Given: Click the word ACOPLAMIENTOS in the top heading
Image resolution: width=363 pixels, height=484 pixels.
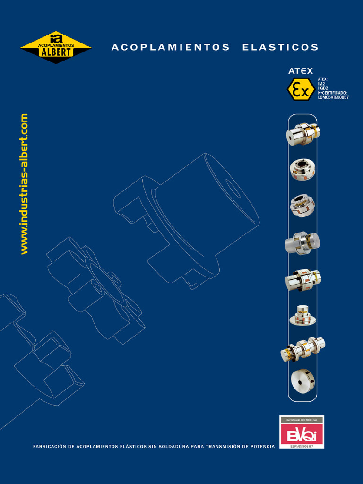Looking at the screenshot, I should [171, 47].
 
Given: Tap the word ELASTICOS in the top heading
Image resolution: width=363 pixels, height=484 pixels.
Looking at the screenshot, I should [280, 47].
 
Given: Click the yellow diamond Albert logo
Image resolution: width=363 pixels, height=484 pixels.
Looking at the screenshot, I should [56, 47].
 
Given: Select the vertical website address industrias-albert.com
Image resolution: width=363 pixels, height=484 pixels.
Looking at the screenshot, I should [24, 184].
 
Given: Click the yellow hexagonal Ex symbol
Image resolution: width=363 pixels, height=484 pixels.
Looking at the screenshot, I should [301, 89].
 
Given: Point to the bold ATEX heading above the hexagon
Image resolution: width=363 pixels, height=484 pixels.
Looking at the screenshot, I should [301, 71].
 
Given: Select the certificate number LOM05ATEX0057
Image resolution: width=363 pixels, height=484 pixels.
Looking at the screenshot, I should [333, 97].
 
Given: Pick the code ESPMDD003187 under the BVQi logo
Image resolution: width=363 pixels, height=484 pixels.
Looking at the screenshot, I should [302, 446].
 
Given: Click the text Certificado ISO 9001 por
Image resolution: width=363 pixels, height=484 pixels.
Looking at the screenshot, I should [302, 420].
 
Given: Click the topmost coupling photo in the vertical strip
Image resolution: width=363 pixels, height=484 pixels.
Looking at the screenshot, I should [302, 133].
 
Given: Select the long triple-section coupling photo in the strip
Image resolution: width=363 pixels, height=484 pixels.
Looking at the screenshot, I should [302, 349].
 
